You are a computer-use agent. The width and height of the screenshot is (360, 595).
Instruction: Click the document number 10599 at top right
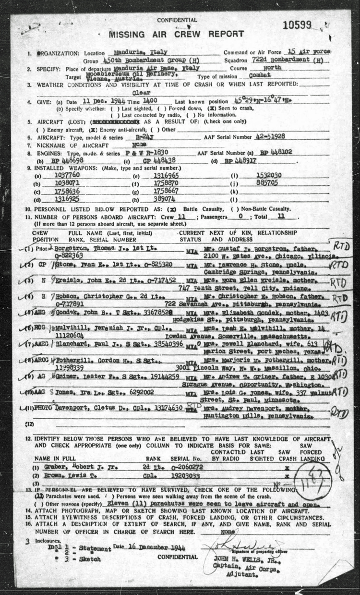311,25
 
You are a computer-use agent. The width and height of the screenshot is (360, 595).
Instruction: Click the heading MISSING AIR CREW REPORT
176,34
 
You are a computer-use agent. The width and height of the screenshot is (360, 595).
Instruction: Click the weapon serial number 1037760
63,177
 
